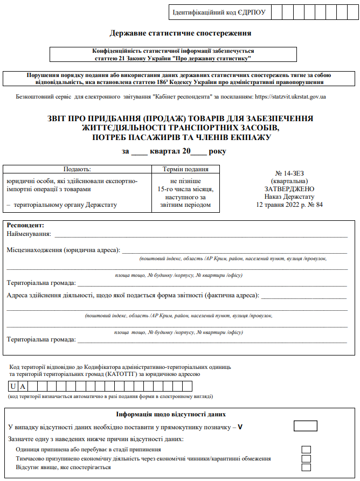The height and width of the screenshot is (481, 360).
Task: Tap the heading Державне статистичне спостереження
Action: tap(180, 33)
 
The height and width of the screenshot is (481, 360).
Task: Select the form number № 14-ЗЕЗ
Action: tap(290, 174)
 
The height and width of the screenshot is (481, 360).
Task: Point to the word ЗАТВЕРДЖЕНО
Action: tap(290, 189)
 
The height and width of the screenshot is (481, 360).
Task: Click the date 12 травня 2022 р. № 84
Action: tap(290, 205)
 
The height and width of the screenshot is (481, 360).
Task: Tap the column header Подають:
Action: tap(77, 169)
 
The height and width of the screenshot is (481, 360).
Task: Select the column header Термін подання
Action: tap(185, 169)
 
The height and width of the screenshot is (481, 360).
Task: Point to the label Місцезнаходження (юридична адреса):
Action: tap(63, 250)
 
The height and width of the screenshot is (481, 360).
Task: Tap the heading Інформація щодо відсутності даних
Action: tap(171, 415)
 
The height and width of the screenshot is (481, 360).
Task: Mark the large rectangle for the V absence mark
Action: tap(305, 426)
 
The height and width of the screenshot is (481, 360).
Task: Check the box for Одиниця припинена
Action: tap(306, 449)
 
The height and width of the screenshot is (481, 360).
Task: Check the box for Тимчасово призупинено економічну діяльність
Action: tap(306, 458)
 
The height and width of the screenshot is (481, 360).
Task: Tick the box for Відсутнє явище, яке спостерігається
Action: tap(306, 468)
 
